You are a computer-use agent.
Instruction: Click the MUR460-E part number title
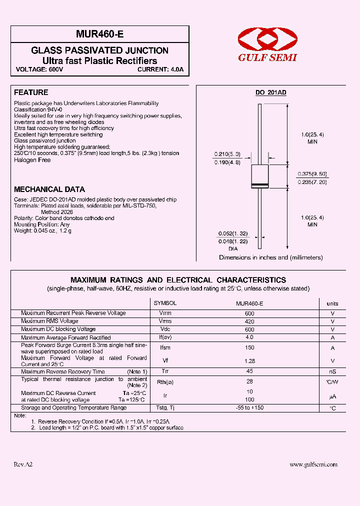[99, 34]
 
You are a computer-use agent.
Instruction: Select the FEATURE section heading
[31, 92]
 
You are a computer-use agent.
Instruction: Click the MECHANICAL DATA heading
[49, 189]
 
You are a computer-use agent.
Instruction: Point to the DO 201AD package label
[270, 93]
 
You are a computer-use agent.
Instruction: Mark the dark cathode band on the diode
[259, 186]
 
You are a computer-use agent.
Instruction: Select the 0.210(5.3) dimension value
[227, 154]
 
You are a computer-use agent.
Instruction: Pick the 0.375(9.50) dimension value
[312, 173]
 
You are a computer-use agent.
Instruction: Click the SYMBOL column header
[165, 303]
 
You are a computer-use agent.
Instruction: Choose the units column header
[332, 303]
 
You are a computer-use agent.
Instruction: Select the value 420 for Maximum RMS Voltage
[249, 321]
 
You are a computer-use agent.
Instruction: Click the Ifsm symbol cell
[165, 347]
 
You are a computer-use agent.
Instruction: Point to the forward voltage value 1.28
[249, 360]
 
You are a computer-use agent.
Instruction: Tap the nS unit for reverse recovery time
[332, 371]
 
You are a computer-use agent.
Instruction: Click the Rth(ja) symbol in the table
[165, 382]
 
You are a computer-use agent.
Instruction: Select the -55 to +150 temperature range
[249, 408]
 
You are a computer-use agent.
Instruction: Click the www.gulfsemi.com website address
[313, 464]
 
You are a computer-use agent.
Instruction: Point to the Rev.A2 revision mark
[23, 464]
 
